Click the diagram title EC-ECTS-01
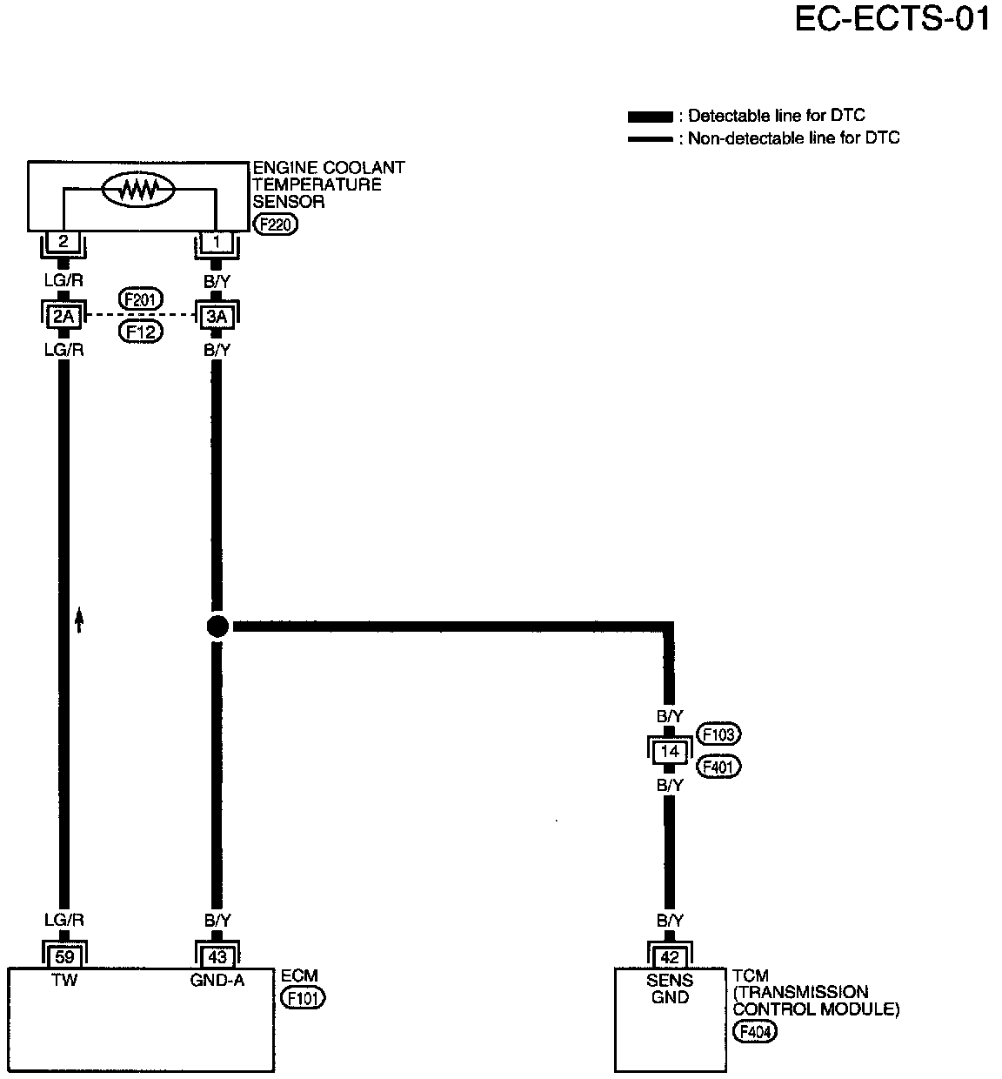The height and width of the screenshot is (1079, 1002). (x=892, y=19)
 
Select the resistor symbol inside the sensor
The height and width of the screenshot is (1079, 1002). (x=138, y=189)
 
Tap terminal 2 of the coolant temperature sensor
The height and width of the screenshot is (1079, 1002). (x=63, y=241)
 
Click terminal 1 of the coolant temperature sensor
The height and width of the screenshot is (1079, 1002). (x=217, y=241)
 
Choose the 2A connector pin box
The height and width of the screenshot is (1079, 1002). (x=63, y=317)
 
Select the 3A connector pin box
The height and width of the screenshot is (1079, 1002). (x=217, y=317)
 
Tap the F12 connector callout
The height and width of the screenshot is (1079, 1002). (x=141, y=332)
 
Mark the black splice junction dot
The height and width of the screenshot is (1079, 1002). (x=217, y=625)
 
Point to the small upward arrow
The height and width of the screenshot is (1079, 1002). (x=79, y=620)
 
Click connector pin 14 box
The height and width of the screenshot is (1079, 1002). (x=670, y=751)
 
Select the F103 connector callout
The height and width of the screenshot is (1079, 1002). (x=718, y=734)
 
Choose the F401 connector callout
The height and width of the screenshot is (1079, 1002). (x=718, y=767)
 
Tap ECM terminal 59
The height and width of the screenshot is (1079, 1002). (x=64, y=957)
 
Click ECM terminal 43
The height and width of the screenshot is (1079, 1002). (x=217, y=957)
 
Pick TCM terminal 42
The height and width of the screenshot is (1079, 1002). (x=670, y=957)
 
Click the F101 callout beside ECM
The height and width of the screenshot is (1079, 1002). (x=304, y=998)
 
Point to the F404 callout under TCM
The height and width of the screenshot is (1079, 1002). (x=755, y=1033)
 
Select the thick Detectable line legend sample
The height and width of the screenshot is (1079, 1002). (x=650, y=117)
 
